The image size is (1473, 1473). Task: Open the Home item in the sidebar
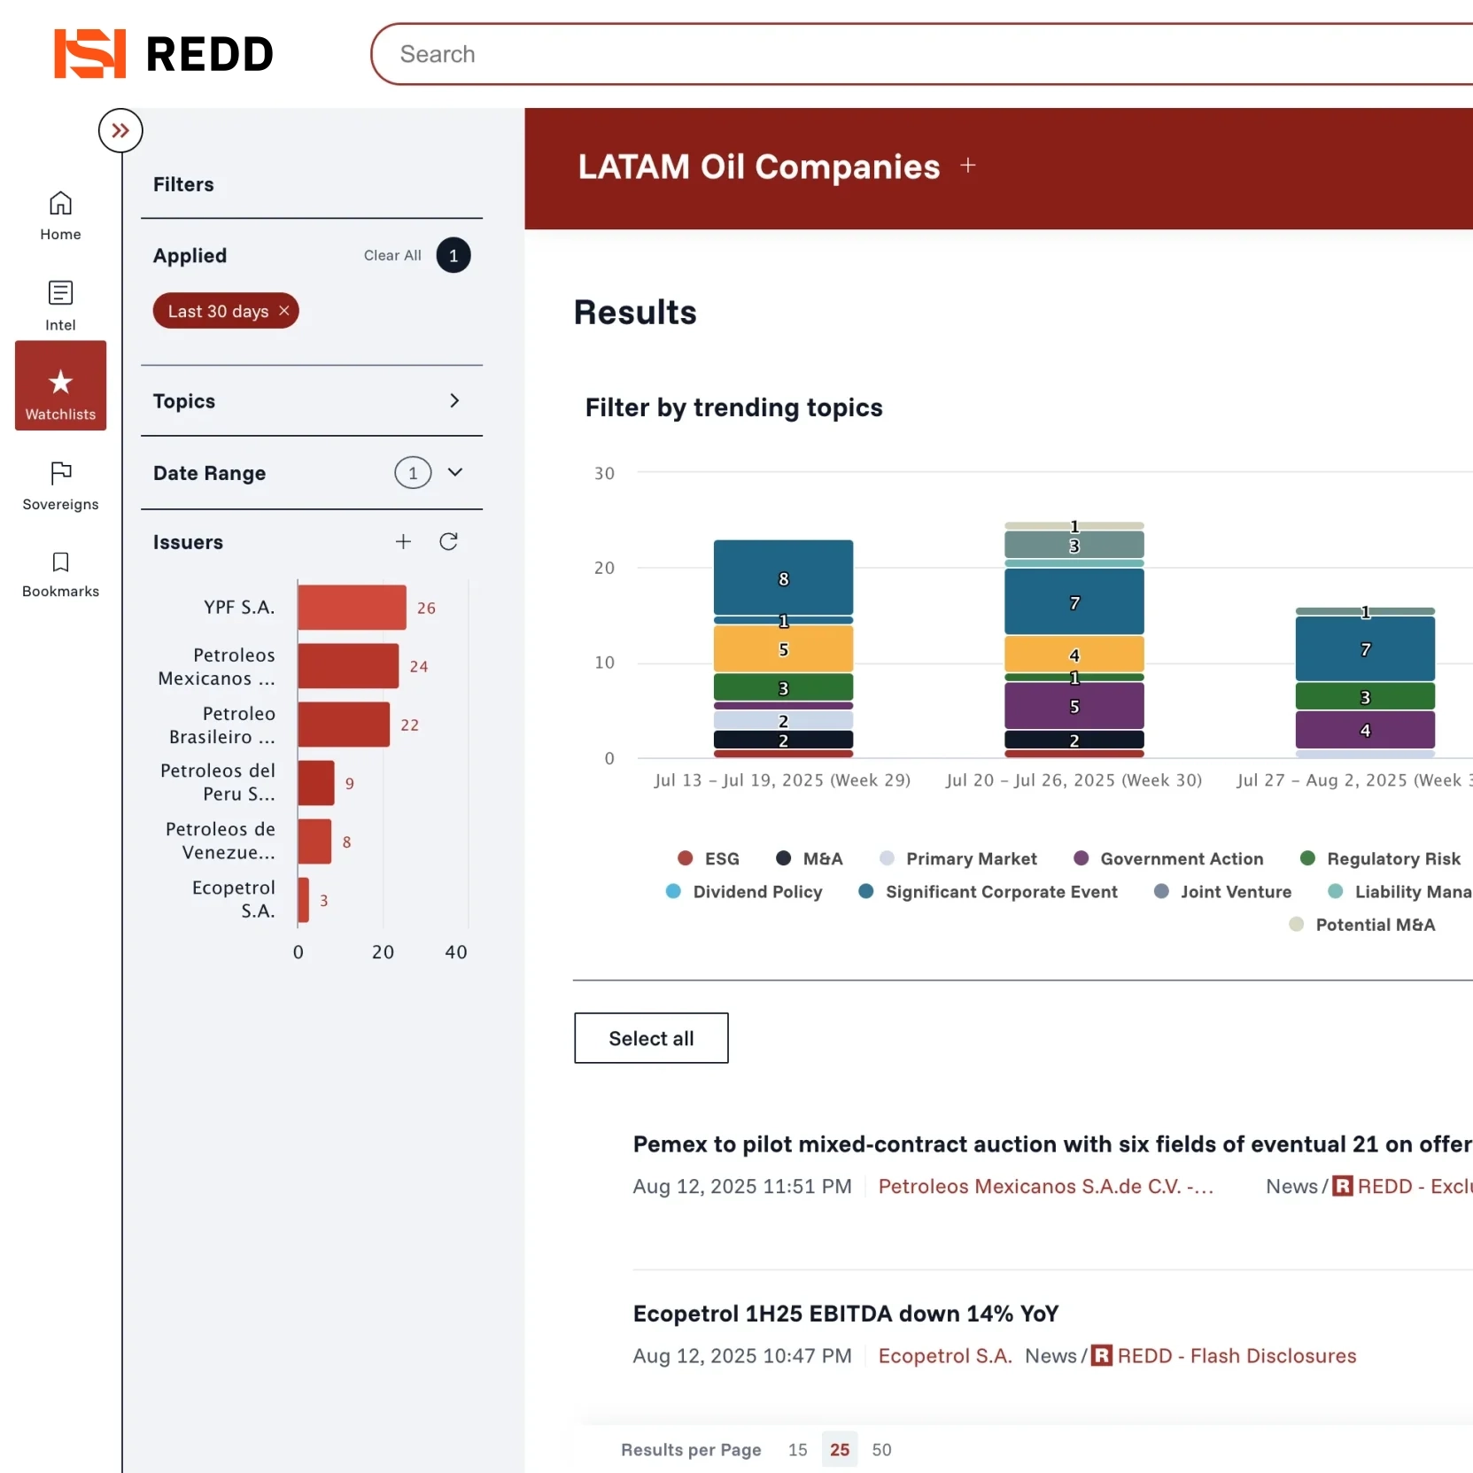click(60, 215)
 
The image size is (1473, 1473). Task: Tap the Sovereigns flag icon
click(60, 473)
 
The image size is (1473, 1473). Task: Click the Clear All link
click(392, 256)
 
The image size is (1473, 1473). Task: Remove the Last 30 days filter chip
click(284, 311)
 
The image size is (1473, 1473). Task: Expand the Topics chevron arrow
click(454, 401)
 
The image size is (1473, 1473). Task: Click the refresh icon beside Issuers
click(449, 542)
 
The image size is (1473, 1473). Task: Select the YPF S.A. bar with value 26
click(352, 608)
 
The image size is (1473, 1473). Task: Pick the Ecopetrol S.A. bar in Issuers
click(304, 900)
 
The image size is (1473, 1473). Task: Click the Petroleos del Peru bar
click(316, 783)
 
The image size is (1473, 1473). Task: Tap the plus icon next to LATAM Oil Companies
click(968, 166)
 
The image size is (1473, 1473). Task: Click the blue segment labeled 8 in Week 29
click(783, 578)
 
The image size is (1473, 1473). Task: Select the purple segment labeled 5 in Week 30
click(1074, 706)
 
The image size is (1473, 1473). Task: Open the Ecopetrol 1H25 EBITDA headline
click(846, 1314)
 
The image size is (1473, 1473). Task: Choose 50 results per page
click(881, 1450)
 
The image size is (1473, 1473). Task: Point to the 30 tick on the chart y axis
click(604, 474)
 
